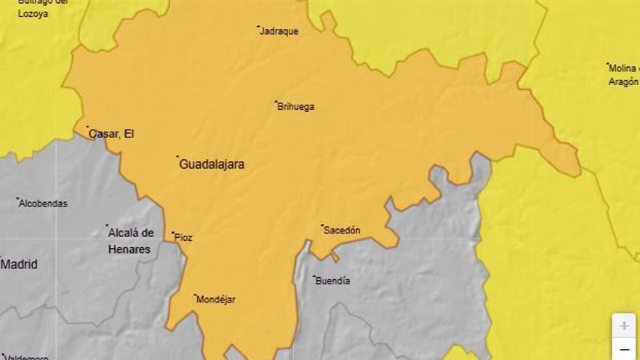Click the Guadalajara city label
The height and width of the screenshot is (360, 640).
point(212,164)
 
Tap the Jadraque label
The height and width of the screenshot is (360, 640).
point(279,31)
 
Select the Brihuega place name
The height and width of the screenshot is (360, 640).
point(296,107)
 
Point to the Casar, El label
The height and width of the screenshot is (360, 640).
point(111,134)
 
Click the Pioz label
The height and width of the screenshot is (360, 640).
point(184,238)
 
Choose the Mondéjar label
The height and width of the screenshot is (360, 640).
point(217,300)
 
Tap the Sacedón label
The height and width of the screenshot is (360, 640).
point(343,231)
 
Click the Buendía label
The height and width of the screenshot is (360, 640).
point(333,281)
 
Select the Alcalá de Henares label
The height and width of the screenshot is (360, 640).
point(131,241)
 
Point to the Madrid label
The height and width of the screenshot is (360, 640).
point(19,265)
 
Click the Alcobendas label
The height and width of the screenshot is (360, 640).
point(44,204)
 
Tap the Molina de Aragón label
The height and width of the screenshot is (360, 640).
point(623,75)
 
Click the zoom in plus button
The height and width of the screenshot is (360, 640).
point(624,326)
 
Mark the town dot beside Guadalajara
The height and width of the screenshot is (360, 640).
point(177,156)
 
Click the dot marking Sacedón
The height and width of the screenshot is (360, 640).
point(322,225)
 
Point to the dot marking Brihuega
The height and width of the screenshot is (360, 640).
point(276,102)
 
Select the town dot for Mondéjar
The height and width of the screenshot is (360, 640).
point(195,295)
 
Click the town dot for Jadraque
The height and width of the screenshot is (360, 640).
point(258,27)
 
